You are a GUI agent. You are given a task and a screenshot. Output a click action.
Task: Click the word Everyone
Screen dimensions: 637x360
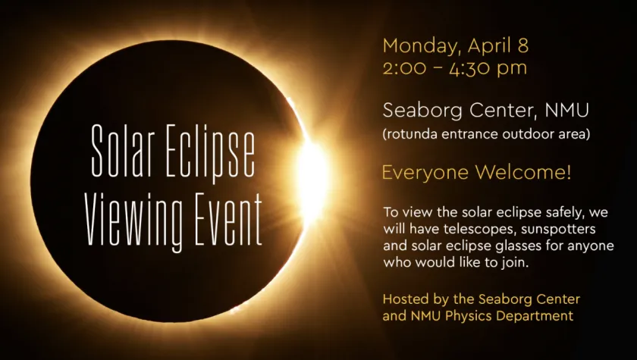click(425, 173)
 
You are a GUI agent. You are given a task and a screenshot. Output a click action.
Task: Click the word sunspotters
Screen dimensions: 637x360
click(558, 230)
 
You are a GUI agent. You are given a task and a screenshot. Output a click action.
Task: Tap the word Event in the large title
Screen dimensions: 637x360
click(229, 219)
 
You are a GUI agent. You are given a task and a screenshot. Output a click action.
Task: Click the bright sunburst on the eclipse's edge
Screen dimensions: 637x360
click(312, 179)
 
